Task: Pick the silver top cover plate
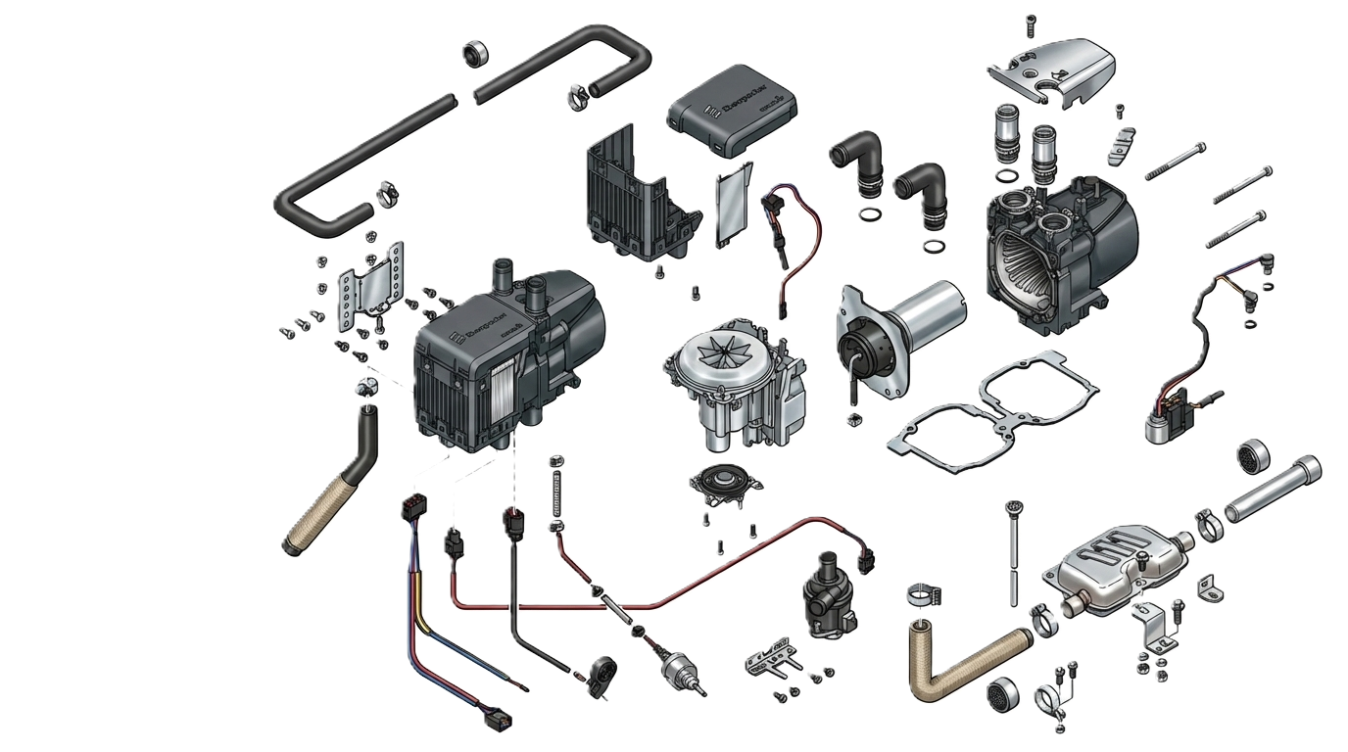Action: click(x=1048, y=69)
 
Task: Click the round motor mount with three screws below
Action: click(x=726, y=485)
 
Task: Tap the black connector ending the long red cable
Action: click(x=864, y=561)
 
